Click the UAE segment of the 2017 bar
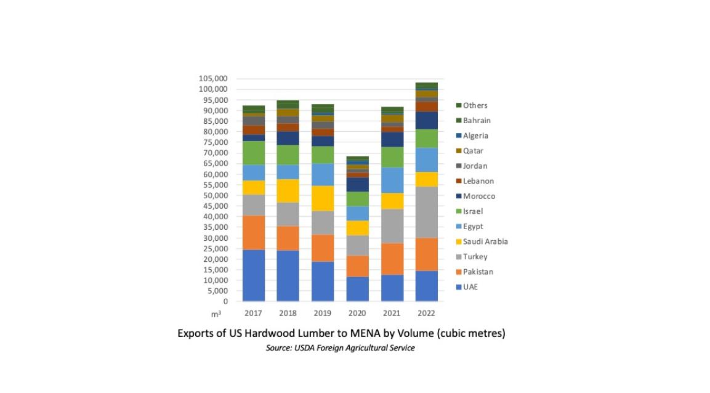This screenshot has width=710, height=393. (x=253, y=275)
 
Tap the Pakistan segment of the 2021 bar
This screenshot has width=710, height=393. (x=392, y=259)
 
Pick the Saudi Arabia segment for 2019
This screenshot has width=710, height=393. (x=322, y=198)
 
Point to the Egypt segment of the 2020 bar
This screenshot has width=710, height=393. (x=357, y=213)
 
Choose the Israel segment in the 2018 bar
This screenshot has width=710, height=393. (x=288, y=155)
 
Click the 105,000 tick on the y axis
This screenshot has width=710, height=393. (x=213, y=79)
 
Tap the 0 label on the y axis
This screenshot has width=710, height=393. (x=225, y=302)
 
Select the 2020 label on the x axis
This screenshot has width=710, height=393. (x=357, y=313)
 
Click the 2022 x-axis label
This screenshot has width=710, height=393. (x=426, y=313)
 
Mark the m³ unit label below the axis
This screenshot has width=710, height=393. (x=216, y=315)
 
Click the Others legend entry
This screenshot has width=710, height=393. (x=475, y=105)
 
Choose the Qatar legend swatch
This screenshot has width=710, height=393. (x=459, y=151)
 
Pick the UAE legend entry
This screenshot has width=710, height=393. (x=470, y=287)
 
